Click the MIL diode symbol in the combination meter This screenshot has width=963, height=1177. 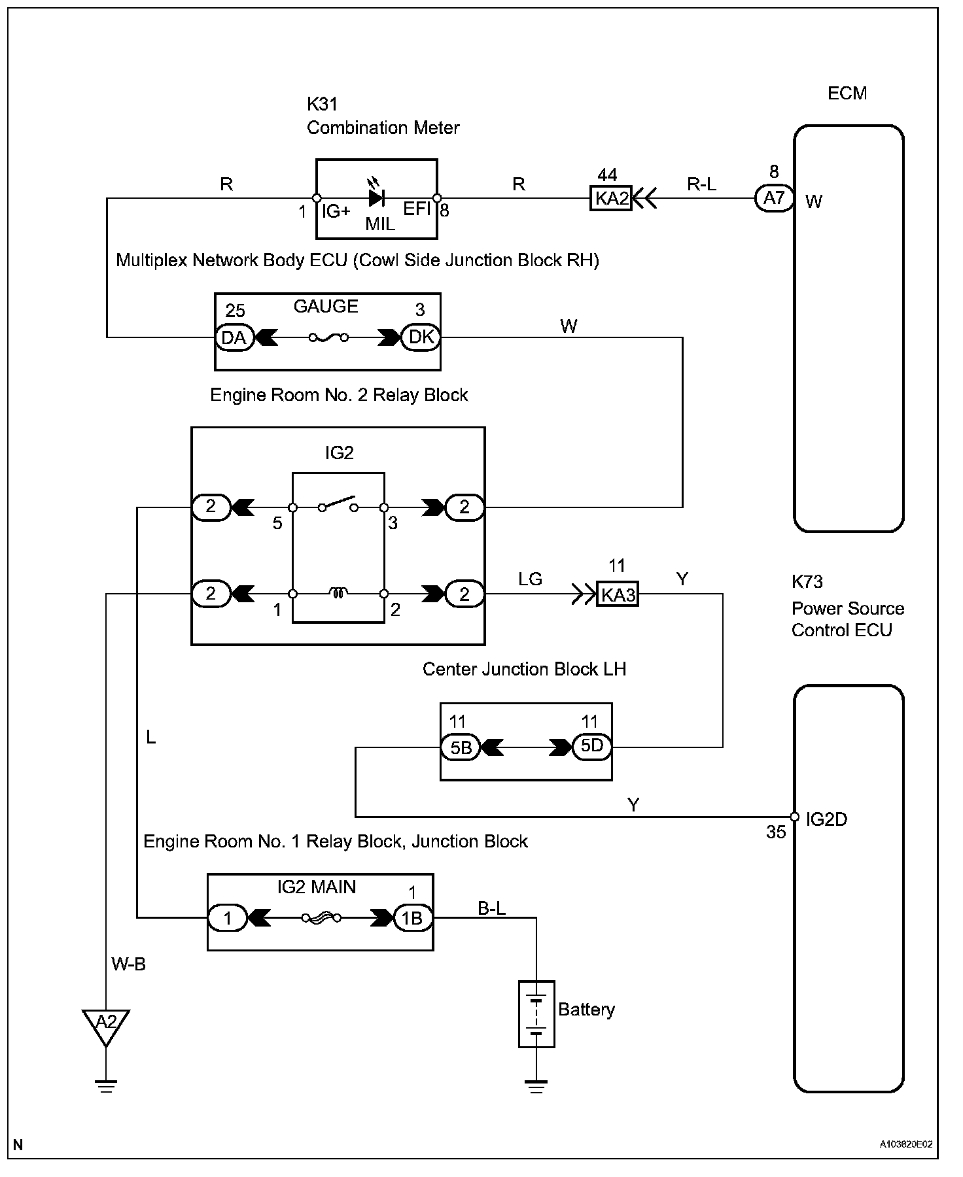pyautogui.click(x=377, y=197)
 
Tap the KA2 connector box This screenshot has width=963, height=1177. pyautogui.click(x=611, y=197)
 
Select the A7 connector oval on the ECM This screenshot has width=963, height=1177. pyautogui.click(x=775, y=197)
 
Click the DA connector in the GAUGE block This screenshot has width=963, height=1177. pyautogui.click(x=234, y=337)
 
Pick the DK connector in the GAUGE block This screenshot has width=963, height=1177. pyautogui.click(x=421, y=337)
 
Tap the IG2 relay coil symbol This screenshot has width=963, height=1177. pyautogui.click(x=338, y=593)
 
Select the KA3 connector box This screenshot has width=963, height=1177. pyautogui.click(x=617, y=594)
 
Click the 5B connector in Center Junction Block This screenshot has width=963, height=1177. pyautogui.click(x=461, y=747)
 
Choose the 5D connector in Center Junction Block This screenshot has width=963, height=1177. pyautogui.click(x=592, y=746)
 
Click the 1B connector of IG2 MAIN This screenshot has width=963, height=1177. pyautogui.click(x=412, y=918)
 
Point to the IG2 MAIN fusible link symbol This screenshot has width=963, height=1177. pyautogui.click(x=321, y=918)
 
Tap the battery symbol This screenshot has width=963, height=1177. pyautogui.click(x=536, y=1014)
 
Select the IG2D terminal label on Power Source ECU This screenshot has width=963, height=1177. pyautogui.click(x=826, y=819)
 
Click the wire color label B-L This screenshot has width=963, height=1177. pyautogui.click(x=491, y=908)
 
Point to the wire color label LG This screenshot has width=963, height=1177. pyautogui.click(x=530, y=579)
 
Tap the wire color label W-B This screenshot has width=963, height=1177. pyautogui.click(x=128, y=964)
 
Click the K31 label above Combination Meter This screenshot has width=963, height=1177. pyautogui.click(x=322, y=104)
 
